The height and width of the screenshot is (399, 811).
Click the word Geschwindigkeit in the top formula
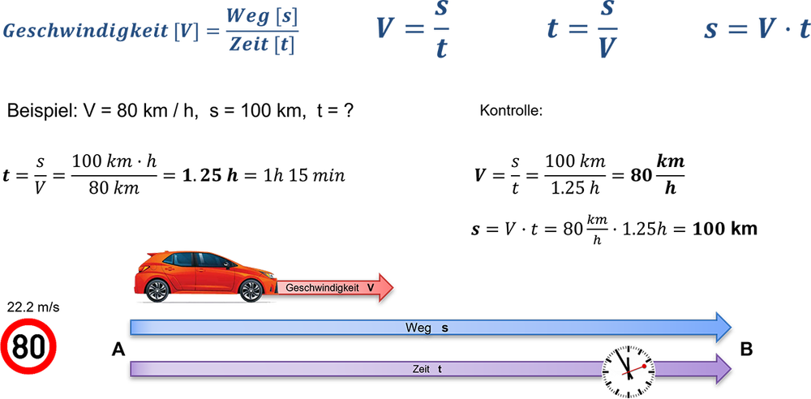(x=84, y=31)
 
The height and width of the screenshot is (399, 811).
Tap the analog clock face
(x=628, y=369)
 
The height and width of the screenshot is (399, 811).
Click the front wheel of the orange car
(x=251, y=290)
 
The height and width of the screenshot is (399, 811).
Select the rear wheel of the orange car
(x=157, y=290)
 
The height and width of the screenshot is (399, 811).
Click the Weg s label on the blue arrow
(x=427, y=328)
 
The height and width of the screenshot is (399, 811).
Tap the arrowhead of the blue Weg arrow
(x=723, y=326)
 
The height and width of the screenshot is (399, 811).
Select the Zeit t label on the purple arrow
(x=427, y=369)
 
